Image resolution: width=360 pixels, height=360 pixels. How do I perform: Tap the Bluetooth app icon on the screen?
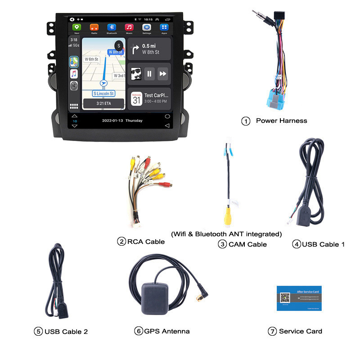[112, 27]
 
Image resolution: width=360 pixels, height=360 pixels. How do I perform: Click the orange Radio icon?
[94, 27]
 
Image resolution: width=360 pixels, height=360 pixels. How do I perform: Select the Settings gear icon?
[147, 27]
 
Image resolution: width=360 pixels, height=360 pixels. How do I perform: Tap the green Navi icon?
[76, 27]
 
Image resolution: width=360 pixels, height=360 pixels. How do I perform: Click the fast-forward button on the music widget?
[163, 73]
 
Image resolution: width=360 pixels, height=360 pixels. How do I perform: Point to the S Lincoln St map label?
[103, 93]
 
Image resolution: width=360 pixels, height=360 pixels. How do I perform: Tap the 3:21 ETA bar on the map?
[103, 103]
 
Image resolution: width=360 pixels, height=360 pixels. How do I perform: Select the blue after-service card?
[299, 298]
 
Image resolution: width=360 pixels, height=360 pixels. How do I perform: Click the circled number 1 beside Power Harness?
[246, 121]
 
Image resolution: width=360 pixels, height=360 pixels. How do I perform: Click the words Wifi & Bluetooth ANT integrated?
[226, 234]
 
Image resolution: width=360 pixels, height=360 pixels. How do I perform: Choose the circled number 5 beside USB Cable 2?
[38, 332]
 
